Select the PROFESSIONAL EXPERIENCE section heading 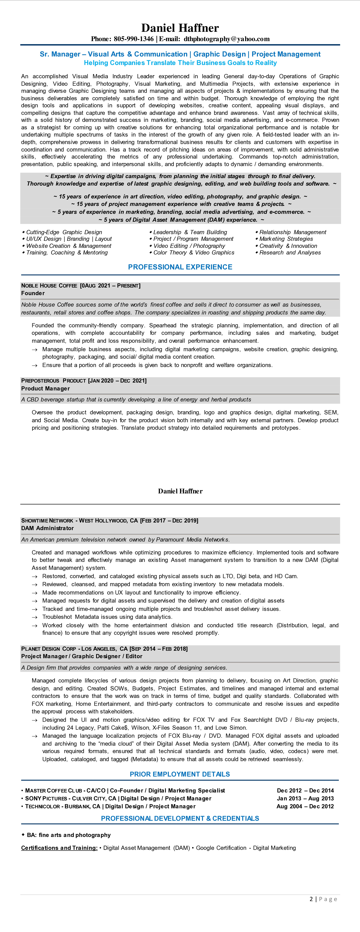180,267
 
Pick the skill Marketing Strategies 286,239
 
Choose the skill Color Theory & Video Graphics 194,252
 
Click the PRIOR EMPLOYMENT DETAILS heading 180,774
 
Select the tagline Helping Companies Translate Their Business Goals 180,63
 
